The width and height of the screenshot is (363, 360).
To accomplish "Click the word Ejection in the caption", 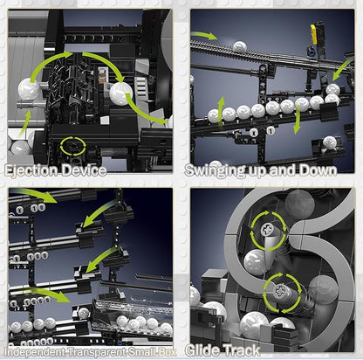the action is tap(31, 170).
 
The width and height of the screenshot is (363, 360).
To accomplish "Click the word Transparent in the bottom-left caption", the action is tap(96, 352).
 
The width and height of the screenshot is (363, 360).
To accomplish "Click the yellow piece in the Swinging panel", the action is tap(313, 34).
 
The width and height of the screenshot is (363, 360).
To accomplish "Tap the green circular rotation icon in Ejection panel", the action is tap(73, 145).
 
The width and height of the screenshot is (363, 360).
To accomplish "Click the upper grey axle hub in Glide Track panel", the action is tap(267, 231).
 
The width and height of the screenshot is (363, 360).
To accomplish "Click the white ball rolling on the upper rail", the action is tap(240, 46).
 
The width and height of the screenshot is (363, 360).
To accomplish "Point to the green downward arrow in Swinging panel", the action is tap(297, 119).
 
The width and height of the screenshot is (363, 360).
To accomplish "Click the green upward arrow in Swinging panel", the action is tap(221, 113).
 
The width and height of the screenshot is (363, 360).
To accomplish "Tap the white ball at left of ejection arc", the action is tap(29, 89).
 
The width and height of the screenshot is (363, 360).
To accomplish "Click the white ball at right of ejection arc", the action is tap(121, 93).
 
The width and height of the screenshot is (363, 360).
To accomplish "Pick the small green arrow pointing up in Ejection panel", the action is tap(24, 124).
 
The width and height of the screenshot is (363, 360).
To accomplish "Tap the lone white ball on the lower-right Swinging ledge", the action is tap(330, 142).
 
